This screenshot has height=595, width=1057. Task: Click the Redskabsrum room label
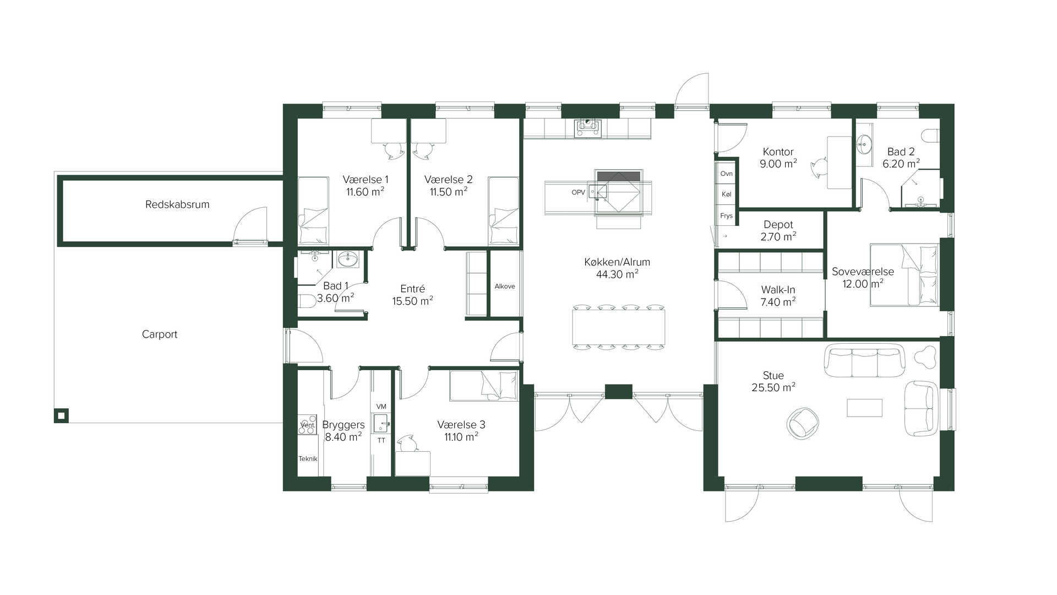point(177,204)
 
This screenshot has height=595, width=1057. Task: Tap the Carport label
point(160,334)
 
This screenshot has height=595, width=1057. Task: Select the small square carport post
point(61,415)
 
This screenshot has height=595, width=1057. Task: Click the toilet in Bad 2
point(930,136)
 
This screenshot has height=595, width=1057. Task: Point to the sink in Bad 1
point(347,259)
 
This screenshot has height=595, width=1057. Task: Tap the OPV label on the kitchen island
point(578,192)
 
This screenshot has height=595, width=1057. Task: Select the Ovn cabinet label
point(726,174)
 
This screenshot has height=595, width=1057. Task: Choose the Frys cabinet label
point(726,215)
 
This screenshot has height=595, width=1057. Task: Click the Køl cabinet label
point(726,194)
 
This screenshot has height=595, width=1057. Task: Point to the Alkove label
point(505,286)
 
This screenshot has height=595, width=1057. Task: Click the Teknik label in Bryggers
point(308,459)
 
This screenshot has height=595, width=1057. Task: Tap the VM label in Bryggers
point(381,407)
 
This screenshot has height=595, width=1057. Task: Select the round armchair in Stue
point(803,423)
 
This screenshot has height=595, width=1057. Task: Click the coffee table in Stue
point(864,408)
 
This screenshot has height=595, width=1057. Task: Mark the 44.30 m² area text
point(617,274)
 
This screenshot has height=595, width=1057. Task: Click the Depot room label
point(778,225)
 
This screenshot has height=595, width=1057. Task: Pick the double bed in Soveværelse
point(904,275)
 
